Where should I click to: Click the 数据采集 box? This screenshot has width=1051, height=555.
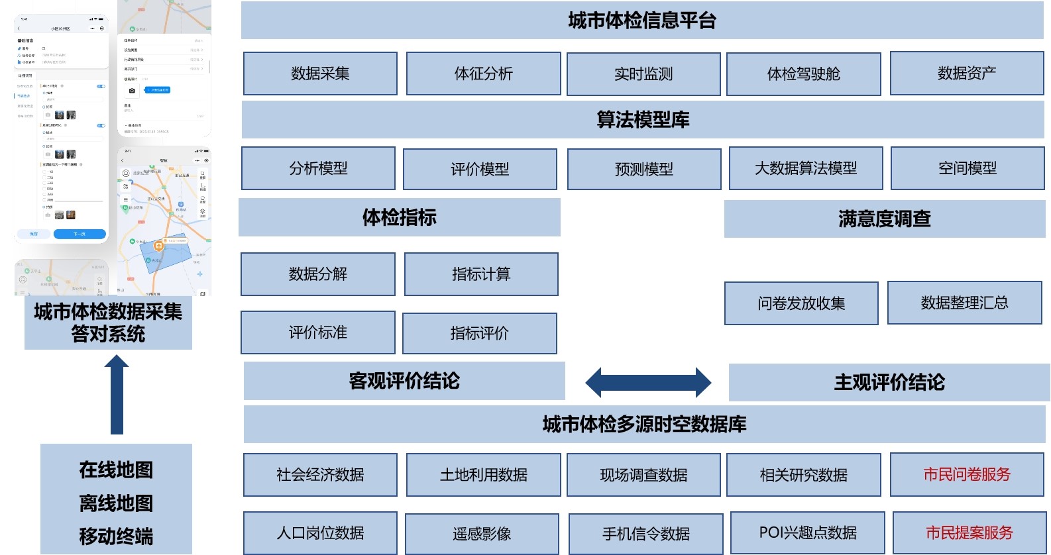320,74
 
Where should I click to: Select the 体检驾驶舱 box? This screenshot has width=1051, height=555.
803,74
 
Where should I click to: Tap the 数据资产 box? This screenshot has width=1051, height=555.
966,74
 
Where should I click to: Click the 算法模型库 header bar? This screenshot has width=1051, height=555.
642,120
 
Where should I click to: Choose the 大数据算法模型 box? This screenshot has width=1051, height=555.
805,168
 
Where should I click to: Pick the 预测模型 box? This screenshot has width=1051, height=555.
643,170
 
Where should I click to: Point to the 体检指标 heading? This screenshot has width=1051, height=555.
399,217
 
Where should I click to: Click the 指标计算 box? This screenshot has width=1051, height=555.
481,274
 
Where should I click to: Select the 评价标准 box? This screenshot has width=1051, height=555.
317,332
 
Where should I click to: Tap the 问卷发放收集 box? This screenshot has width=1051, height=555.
801,303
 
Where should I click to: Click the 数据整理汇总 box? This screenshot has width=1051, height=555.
964,303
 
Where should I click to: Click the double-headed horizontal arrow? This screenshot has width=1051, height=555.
647,382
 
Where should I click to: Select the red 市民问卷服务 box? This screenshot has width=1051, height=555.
966,474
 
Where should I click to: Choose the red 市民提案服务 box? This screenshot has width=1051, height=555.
969,532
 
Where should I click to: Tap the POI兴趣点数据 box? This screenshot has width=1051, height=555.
807,532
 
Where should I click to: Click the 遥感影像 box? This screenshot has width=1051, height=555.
482,534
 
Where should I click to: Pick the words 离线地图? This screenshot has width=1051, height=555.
116,503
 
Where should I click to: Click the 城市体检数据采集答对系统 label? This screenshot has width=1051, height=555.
108,323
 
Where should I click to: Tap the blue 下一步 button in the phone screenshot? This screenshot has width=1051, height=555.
80,234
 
